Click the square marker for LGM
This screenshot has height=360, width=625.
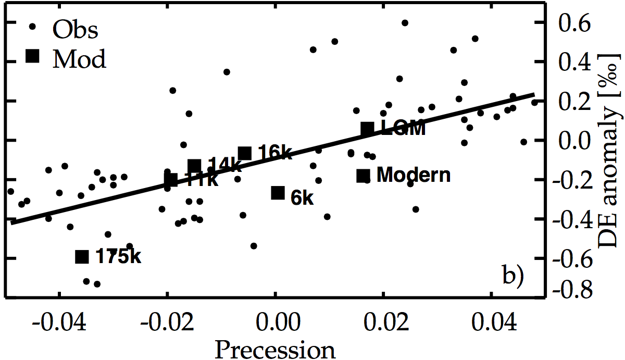pos(367,128)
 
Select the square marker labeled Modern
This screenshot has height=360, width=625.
pos(363,176)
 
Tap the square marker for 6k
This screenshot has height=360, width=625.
pos(278,193)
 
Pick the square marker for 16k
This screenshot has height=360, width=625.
pos(245,153)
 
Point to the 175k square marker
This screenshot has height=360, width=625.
pos(82,256)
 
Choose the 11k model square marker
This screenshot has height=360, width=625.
pos(171,180)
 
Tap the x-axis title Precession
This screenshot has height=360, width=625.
pos(276,348)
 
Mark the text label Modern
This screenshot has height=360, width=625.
pos(413,176)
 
